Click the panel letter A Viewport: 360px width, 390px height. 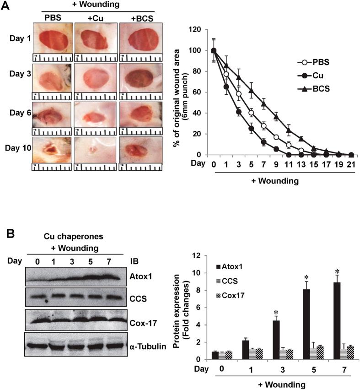pos(7,6)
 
